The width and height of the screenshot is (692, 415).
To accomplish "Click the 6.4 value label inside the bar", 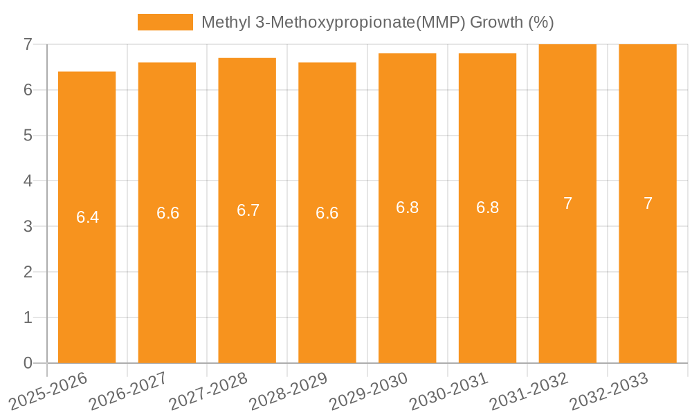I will pos(87,217).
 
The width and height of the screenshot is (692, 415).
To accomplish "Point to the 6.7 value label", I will pos(248,210).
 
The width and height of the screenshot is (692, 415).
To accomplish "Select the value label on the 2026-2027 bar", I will pos(167,213).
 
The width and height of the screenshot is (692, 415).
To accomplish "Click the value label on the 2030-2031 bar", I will pos(487,207).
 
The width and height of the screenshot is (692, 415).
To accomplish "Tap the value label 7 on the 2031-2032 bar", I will pos(567,203).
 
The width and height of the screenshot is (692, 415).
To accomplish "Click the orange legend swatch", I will pos(165,22).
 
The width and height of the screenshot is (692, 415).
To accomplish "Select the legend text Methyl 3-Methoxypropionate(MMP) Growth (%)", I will pos(378,22).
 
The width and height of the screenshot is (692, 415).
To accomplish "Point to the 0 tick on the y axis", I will pos(28,363).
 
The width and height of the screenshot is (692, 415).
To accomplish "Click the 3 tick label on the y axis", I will pos(28,226).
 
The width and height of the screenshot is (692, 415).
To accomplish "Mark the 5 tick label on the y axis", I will pos(28,136).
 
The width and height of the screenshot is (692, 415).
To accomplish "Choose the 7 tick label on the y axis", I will pos(28,44).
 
